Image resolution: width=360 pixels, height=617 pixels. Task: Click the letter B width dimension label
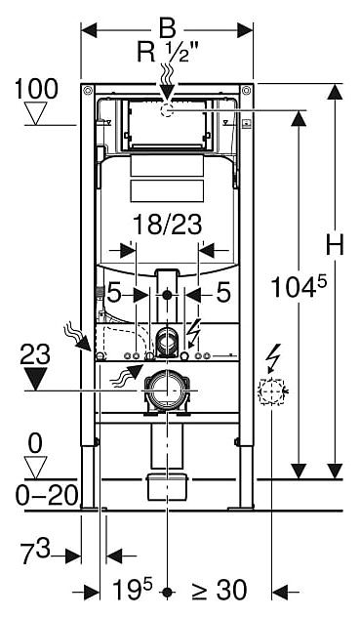167,30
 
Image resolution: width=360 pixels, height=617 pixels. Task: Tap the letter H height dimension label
335,244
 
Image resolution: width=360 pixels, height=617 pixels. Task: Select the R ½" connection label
168,52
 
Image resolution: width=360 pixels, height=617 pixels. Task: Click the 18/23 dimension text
167,225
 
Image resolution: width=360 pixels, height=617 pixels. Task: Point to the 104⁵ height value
300,286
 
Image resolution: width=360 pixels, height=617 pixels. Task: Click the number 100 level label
36,89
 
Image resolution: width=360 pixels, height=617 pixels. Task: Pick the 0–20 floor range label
47,495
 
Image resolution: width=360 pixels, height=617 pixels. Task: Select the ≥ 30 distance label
220,590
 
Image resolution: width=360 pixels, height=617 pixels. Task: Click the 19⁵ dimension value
132,589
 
